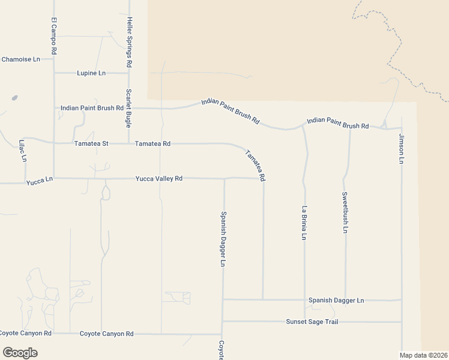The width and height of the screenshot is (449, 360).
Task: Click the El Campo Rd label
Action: point(53,37)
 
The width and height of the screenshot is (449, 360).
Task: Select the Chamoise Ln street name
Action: point(20,59)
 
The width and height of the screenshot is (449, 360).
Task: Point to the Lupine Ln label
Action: point(91,73)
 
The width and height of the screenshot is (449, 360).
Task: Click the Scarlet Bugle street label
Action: point(128,108)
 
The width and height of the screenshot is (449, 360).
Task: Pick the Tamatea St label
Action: point(91,144)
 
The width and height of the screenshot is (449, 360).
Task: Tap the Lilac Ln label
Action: point(22,151)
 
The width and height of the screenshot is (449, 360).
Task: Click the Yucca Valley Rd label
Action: point(158,178)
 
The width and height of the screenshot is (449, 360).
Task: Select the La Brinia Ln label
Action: point(304,223)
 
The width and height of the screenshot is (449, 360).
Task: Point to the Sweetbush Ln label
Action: point(345,212)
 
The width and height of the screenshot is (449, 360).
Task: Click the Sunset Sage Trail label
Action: point(312,322)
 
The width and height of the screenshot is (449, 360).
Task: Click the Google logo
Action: point(20,353)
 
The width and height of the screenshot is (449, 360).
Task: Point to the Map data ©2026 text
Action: point(423,355)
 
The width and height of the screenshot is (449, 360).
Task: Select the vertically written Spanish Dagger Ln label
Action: point(223,239)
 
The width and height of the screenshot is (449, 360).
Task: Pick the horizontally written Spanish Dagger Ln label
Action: point(336,300)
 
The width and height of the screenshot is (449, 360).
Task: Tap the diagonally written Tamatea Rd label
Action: point(255,165)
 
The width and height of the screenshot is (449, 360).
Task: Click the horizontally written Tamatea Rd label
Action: point(153,144)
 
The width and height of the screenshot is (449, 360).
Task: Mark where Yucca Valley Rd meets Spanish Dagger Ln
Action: point(224,178)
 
